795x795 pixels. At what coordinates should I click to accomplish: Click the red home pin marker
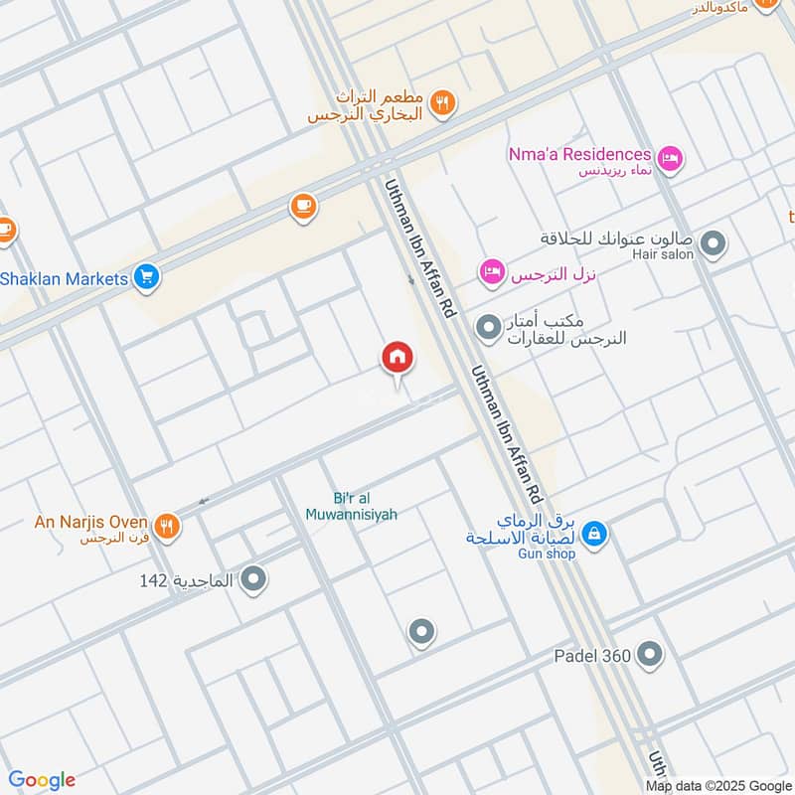pyautogui.click(x=397, y=358)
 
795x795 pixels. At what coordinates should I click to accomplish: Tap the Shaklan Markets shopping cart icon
pyautogui.click(x=146, y=278)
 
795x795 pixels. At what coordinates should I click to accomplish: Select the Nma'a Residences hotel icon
pyautogui.click(x=671, y=157)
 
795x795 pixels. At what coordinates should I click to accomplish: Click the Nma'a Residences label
pyautogui.click(x=580, y=154)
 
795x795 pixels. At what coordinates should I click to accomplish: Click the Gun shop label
pyautogui.click(x=546, y=554)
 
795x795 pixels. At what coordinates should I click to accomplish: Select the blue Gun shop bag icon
pyautogui.click(x=594, y=534)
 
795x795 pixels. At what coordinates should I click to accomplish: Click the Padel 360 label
pyautogui.click(x=594, y=656)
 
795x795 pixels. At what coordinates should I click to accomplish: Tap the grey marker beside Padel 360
pyautogui.click(x=650, y=654)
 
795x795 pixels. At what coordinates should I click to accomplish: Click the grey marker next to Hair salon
pyautogui.click(x=713, y=242)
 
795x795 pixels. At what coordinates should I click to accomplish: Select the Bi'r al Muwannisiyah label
pyautogui.click(x=365, y=507)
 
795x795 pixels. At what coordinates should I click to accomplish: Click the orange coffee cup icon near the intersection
pyautogui.click(x=303, y=207)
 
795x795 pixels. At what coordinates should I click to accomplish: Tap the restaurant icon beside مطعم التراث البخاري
pyautogui.click(x=443, y=100)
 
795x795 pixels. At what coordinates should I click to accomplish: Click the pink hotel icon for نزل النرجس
pyautogui.click(x=492, y=271)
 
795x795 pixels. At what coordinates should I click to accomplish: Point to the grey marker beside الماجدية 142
pyautogui.click(x=253, y=577)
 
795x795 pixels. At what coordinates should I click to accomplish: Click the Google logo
pyautogui.click(x=43, y=780)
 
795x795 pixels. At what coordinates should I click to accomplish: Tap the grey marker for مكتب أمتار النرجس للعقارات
pyautogui.click(x=488, y=326)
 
